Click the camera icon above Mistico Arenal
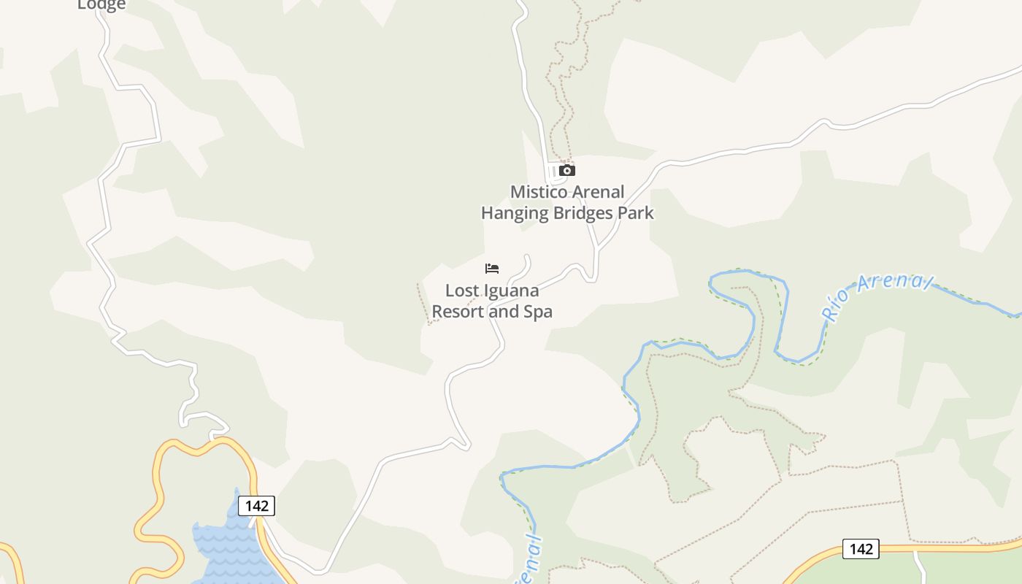pos(567,171)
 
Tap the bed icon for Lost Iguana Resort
pos(492,269)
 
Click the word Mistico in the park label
pos(537,192)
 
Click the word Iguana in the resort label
pos(510,291)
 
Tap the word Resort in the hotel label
pos(458,312)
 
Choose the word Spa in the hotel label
pos(537,312)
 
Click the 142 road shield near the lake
pos(256,506)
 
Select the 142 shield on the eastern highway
pos(861,549)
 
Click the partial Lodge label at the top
pos(101,4)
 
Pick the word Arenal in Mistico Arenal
pos(596,192)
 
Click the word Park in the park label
pos(637,213)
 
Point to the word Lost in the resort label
pos(461,291)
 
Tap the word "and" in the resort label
pos(503,312)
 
